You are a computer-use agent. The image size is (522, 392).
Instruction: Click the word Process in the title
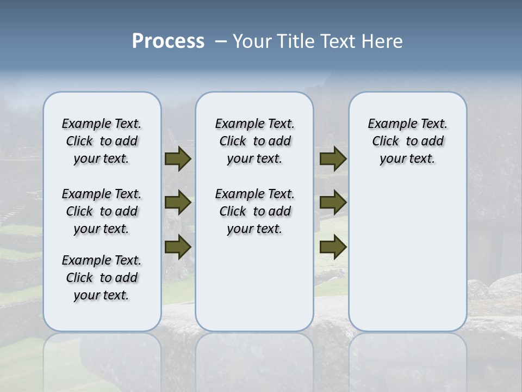coord(168,41)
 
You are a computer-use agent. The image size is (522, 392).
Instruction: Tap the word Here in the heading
coord(383,41)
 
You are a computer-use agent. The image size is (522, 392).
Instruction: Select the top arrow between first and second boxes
coord(177,159)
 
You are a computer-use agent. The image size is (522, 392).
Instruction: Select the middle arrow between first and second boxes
coord(177,203)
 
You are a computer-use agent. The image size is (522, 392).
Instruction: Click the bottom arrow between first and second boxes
coord(177,247)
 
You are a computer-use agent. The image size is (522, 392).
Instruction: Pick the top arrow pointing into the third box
coord(333,159)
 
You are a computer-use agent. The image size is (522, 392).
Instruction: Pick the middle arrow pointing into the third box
coord(333,203)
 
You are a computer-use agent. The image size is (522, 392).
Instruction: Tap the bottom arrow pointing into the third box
coord(333,247)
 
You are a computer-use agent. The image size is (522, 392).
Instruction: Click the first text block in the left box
coord(102,141)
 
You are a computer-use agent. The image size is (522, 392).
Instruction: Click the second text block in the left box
coord(102,211)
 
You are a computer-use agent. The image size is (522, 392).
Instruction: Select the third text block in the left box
coord(102,278)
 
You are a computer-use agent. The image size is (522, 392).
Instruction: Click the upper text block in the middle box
coord(254,141)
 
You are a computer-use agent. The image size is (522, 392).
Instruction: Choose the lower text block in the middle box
coord(254,211)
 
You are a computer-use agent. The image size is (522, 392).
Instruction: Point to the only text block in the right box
coord(407,141)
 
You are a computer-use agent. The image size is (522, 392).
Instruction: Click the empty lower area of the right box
coord(407,256)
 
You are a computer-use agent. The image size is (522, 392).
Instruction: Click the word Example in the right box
coord(388,124)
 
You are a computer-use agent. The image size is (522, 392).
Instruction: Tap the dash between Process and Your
coord(221,41)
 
